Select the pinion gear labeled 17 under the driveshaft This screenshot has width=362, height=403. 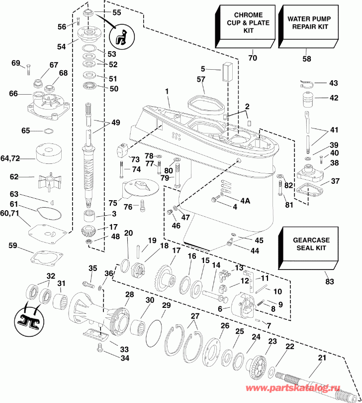click(x=91, y=231)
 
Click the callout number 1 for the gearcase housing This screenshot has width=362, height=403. click(x=168, y=92)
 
